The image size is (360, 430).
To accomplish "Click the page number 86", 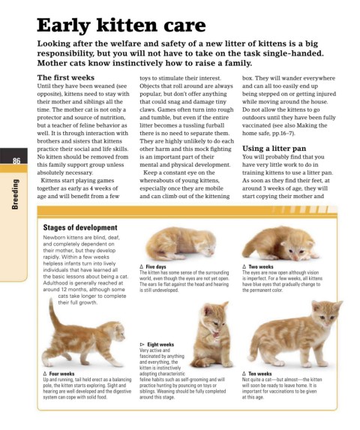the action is pos(16,161).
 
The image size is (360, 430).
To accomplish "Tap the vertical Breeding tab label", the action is pos(15,194).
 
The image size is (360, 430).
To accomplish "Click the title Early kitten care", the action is pos(121,26).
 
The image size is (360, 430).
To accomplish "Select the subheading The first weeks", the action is pos(66,77).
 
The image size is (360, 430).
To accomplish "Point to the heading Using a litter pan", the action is pos(274,149).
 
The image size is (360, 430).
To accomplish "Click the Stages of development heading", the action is pos(80,227).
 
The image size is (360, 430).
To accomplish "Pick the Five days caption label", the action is pos(155,266).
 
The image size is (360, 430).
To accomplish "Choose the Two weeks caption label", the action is pos(261,266).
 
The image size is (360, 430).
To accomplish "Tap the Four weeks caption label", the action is pos(61,374).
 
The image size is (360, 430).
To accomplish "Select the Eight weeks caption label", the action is pos(160,344).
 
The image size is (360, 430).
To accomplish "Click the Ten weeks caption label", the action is pos(260,374).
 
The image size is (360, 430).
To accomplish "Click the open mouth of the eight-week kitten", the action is pos(216,335).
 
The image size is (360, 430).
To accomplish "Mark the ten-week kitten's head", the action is pos(326,314).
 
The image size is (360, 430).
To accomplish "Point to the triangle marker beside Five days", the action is pos(141,266).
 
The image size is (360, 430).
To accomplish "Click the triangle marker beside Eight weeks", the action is pos(142,344).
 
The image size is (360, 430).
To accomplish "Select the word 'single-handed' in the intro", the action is pos(293,53).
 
